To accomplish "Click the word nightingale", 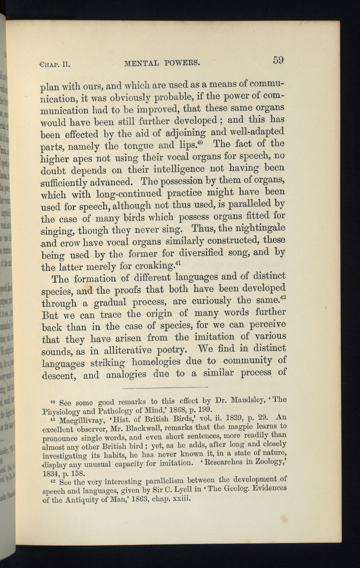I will pos(259,228).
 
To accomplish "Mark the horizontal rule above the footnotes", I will pos(164,387).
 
